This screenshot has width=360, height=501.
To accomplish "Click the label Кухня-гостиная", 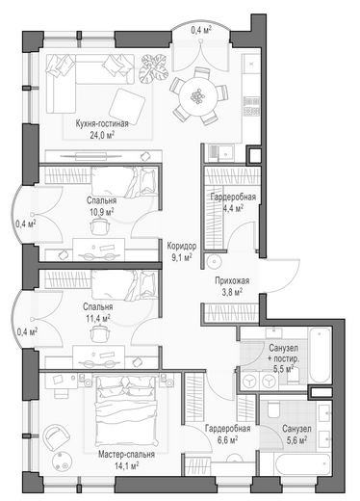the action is (x=102, y=123).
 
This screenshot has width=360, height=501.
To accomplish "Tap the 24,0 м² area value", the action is (x=102, y=135).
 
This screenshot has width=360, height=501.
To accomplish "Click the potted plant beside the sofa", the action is (x=153, y=68).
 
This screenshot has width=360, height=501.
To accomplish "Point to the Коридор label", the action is (x=182, y=247).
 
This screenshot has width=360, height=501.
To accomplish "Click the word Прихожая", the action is (x=232, y=281).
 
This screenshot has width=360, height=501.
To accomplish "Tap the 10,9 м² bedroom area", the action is (x=101, y=212).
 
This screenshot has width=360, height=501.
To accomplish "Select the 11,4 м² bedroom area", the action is (x=98, y=318).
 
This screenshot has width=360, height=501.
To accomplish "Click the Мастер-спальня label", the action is (x=126, y=455).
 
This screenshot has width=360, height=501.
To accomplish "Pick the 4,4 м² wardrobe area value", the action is (x=233, y=208).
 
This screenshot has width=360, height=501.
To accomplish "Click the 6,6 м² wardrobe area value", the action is (x=227, y=439).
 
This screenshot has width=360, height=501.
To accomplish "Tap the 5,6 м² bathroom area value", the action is (x=296, y=439).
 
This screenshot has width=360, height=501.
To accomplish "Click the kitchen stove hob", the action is (x=251, y=106).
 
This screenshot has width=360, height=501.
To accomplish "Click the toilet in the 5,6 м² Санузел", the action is (x=273, y=409).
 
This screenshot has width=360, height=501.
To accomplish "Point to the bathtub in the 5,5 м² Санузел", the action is (x=320, y=355).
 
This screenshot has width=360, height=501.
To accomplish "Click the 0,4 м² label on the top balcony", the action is (x=201, y=31).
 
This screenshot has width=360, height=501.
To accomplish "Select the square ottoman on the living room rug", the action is (x=127, y=103).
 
